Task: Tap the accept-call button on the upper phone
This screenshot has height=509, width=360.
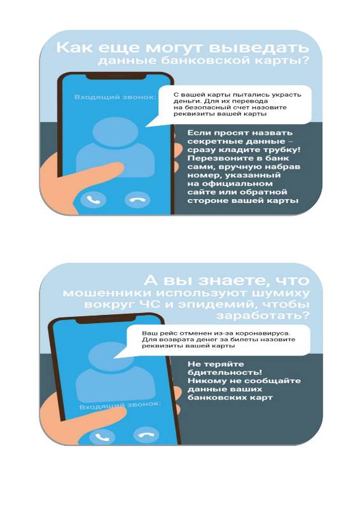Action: click(93, 200)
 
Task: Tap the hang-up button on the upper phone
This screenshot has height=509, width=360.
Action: click(137, 200)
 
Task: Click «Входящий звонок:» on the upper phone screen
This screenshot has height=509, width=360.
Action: click(115, 97)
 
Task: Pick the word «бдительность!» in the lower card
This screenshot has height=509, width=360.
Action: click(225, 372)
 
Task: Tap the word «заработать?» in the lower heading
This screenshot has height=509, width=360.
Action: click(263, 316)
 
